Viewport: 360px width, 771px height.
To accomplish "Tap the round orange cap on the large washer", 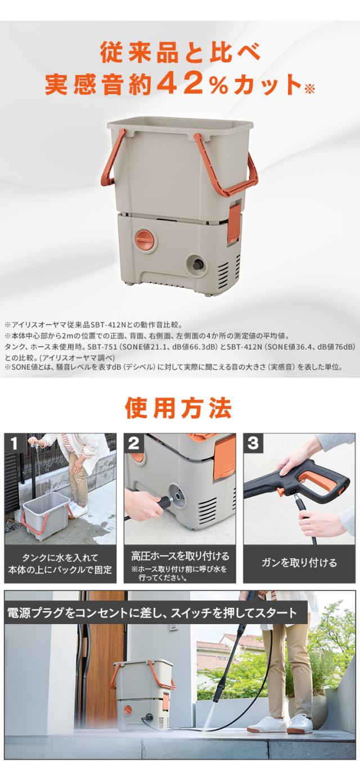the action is [x=145, y=239].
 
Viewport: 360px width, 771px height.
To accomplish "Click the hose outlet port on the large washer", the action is [x=197, y=265].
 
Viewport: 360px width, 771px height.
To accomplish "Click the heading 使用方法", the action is [x=178, y=408].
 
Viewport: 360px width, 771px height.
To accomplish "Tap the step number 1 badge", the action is [x=13, y=443].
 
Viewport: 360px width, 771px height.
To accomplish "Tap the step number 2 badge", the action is [x=133, y=443].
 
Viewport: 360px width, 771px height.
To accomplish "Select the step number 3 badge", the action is [x=253, y=443].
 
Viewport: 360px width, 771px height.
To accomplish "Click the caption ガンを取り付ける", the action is [x=299, y=563].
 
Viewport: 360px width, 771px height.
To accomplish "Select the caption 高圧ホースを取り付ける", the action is [x=180, y=556].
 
